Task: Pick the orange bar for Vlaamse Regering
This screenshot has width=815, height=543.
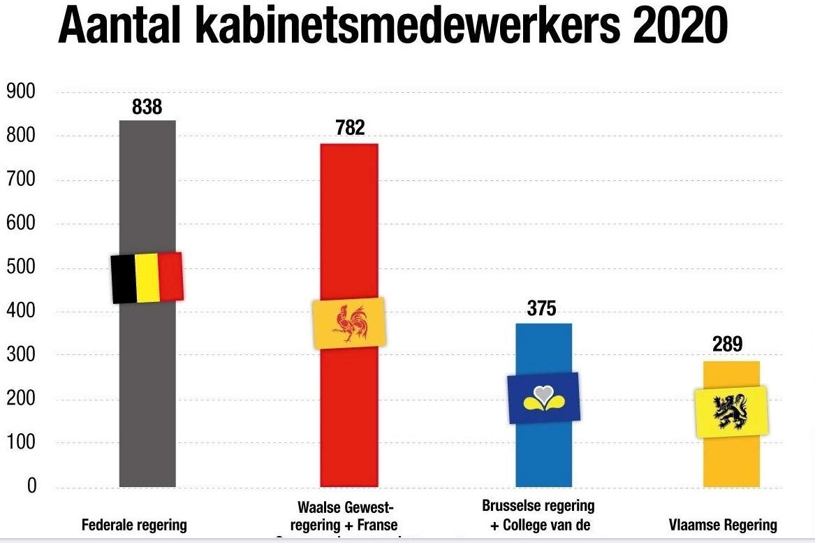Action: tap(731, 461)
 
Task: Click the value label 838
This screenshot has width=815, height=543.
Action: tap(147, 107)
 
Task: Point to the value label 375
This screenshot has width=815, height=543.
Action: tap(542, 309)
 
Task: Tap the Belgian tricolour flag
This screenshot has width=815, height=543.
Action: tap(147, 277)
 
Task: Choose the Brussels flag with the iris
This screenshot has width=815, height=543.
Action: tap(543, 397)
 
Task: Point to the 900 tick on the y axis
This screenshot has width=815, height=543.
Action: tap(22, 92)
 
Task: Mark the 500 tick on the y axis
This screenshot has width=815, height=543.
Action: tap(22, 268)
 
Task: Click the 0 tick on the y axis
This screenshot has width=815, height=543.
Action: tap(31, 486)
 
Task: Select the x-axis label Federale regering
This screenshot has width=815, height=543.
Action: tap(134, 525)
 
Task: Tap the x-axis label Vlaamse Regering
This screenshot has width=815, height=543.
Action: tap(722, 525)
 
